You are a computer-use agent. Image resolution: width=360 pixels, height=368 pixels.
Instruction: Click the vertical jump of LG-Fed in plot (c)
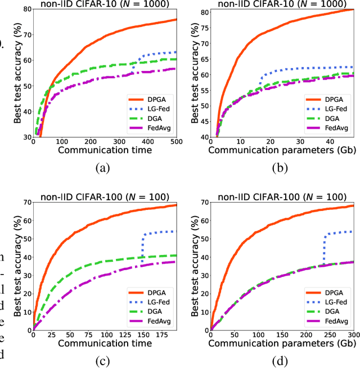point(142,248)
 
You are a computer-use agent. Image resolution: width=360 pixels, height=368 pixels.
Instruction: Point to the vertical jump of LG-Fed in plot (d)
point(323,248)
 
